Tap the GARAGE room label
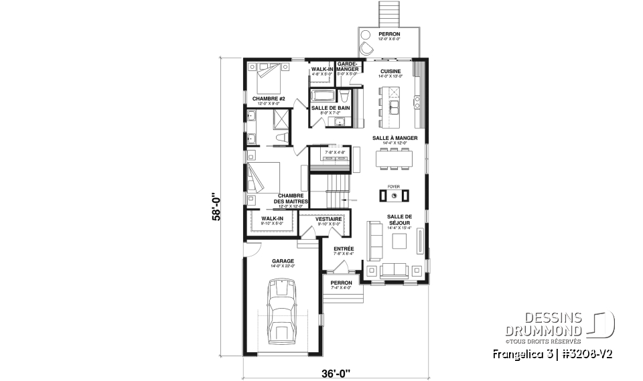(280, 260)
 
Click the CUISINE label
(390, 71)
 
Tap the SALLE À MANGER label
(395, 138)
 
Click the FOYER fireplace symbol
(395, 196)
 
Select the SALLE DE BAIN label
(330, 108)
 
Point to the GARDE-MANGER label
(349, 66)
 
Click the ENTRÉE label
(344, 249)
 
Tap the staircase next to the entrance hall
(330, 190)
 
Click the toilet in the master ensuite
(282, 137)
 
